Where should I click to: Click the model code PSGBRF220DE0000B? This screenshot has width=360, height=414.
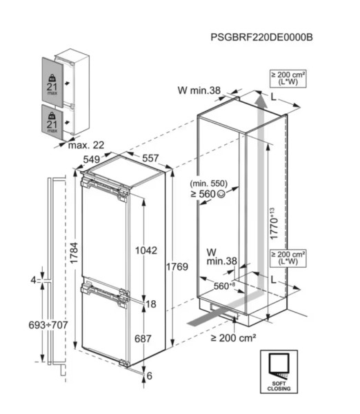(x=261, y=37)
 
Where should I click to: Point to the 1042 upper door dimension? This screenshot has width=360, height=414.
(x=147, y=250)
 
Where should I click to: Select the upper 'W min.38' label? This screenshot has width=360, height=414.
(x=198, y=90)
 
